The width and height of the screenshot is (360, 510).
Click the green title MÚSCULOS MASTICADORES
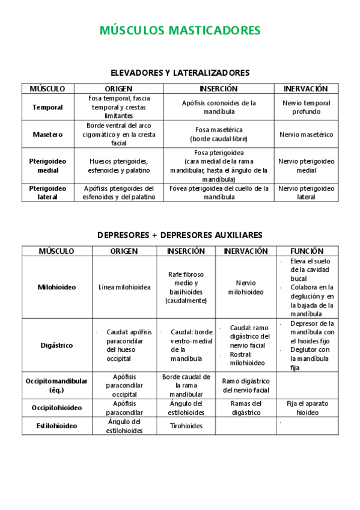(x=180, y=30)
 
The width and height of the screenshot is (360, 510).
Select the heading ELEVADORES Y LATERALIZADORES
(x=180, y=73)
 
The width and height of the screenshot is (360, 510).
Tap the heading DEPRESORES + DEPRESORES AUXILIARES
(x=180, y=235)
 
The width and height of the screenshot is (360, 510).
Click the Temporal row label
(x=47, y=107)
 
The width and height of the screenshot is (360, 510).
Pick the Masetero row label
(x=47, y=135)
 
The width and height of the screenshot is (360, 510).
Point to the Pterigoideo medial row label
(x=47, y=165)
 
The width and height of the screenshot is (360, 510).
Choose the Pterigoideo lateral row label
(x=47, y=192)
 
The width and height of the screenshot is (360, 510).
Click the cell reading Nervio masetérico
(x=306, y=135)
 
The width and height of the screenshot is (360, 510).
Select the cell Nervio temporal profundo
(x=306, y=107)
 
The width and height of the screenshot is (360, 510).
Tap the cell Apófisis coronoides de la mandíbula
(x=219, y=107)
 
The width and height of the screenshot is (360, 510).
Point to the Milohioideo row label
(x=56, y=287)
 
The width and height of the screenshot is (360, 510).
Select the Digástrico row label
(x=56, y=345)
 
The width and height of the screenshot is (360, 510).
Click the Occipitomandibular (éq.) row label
(x=56, y=385)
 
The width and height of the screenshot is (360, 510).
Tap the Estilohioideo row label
(x=56, y=426)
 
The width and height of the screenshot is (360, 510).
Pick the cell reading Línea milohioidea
(x=124, y=287)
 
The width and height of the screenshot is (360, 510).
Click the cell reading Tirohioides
(x=186, y=426)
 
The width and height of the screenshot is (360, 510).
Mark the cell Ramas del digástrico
(x=245, y=408)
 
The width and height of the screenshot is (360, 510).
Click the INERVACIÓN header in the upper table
(x=306, y=88)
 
